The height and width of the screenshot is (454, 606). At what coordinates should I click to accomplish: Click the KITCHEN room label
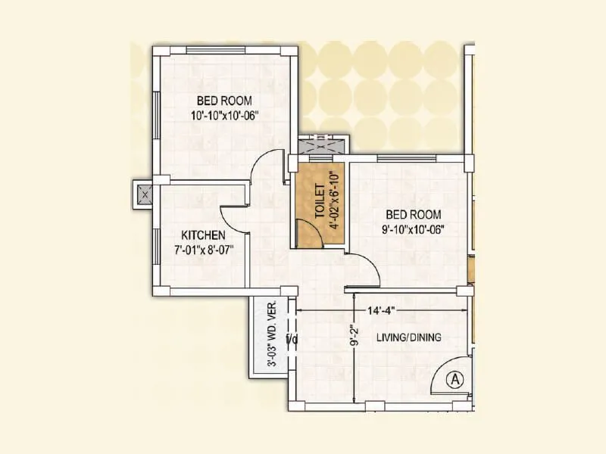click(202, 235)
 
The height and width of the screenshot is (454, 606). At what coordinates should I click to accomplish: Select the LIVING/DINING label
click(409, 337)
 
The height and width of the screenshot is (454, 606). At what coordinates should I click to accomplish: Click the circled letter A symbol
click(454, 378)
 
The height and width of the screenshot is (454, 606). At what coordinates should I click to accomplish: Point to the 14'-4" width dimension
click(381, 310)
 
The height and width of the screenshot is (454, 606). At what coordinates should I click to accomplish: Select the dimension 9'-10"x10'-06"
click(413, 229)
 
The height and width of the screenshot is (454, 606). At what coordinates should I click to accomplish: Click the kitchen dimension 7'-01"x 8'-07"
click(202, 250)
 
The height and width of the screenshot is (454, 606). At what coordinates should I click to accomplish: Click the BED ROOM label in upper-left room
click(224, 100)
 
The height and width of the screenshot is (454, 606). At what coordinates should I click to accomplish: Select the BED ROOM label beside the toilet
click(413, 214)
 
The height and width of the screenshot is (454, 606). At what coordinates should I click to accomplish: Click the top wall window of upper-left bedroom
click(223, 50)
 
